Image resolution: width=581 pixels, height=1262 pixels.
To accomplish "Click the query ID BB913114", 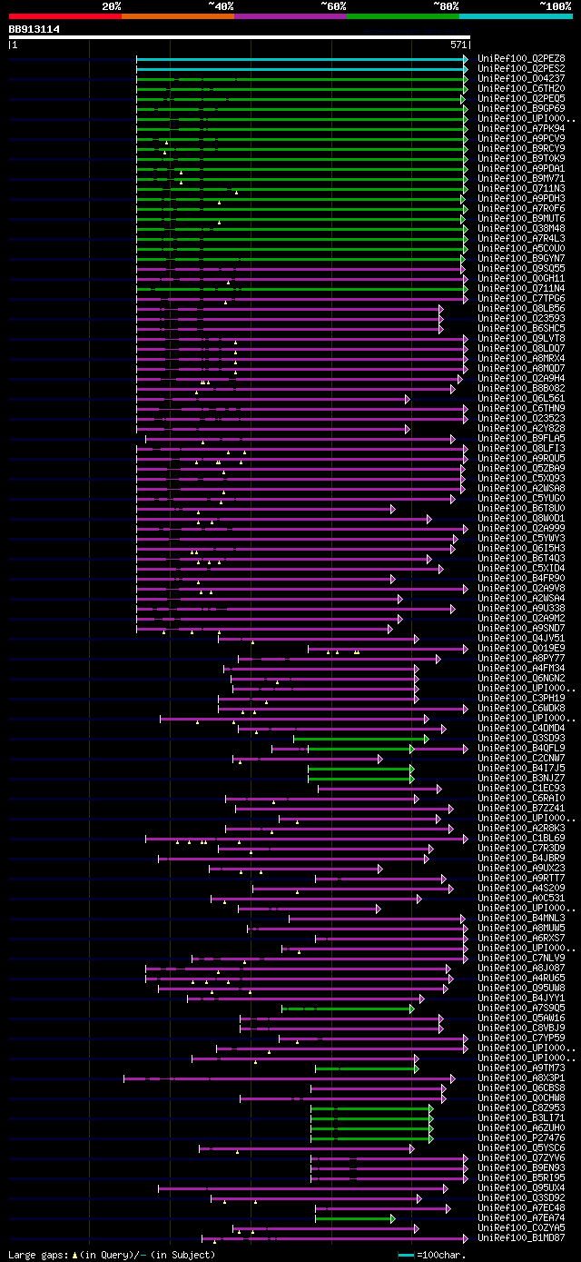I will click(34, 29).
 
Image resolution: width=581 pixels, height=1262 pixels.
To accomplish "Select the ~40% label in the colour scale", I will click(221, 5).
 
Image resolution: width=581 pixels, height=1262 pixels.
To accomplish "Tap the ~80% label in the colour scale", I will click(445, 5).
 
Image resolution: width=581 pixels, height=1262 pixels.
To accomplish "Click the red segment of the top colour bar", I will click(64, 15).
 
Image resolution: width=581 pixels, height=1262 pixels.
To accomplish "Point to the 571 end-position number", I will click(458, 44).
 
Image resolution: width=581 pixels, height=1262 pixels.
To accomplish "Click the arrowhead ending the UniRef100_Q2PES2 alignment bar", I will click(466, 68).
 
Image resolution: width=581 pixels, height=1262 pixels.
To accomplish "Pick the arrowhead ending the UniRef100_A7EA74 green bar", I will click(392, 1217).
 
